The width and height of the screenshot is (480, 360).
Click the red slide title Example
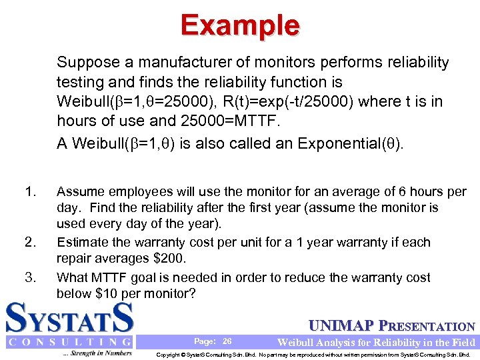coord(240,25)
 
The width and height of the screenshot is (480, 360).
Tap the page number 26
coord(227,341)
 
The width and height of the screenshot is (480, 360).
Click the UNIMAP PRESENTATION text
coord(393,327)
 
